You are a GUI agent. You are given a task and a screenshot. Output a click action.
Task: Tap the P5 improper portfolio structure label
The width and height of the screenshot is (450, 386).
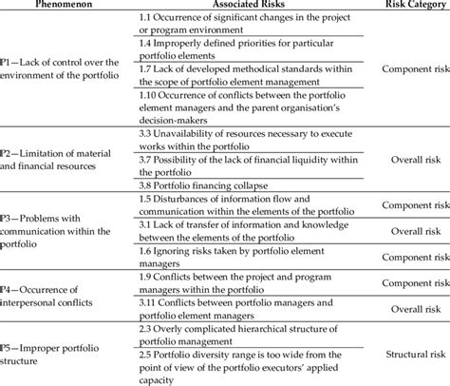click(x=53, y=342)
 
